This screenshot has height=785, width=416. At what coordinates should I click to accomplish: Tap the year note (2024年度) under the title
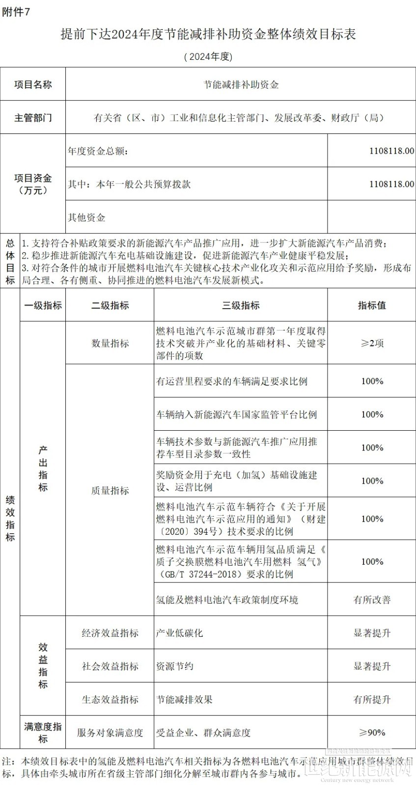pyautogui.click(x=208, y=57)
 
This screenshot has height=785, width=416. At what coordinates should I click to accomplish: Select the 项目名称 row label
pyautogui.click(x=33, y=84)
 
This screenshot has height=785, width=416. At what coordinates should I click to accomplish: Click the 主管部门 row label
pyautogui.click(x=33, y=118)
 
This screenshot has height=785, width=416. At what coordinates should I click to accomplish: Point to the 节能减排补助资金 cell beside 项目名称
pyautogui.click(x=241, y=84)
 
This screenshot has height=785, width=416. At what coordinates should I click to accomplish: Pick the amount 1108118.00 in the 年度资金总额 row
pyautogui.click(x=391, y=151)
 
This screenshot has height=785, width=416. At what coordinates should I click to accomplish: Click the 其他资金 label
pyautogui.click(x=86, y=217)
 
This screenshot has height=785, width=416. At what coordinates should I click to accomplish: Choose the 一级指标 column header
pyautogui.click(x=43, y=305)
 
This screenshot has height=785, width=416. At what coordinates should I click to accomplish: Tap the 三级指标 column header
pyautogui.click(x=241, y=305)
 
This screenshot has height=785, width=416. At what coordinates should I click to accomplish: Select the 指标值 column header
pyautogui.click(x=372, y=305)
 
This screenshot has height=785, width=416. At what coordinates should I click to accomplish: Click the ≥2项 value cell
pyautogui.click(x=372, y=343)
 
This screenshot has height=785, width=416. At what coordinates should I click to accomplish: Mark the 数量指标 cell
pyautogui.click(x=110, y=343)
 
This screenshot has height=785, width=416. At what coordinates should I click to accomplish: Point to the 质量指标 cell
pyautogui.click(x=110, y=490)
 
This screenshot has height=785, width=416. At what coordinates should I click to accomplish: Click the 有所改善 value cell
pyautogui.click(x=372, y=600)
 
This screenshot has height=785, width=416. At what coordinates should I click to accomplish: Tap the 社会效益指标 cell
pyautogui.click(x=110, y=666)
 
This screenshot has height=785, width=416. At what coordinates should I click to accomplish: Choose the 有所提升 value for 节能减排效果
pyautogui.click(x=372, y=699)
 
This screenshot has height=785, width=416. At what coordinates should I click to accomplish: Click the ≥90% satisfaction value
pyautogui.click(x=372, y=733)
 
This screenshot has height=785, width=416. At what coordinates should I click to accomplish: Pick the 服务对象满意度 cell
pyautogui.click(x=110, y=733)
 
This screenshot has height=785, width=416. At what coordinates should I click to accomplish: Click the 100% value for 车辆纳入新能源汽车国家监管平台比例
pyautogui.click(x=372, y=415)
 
